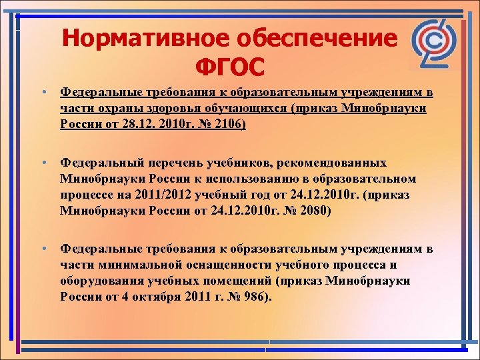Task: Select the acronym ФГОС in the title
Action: [x=229, y=67]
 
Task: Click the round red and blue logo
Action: [x=433, y=43]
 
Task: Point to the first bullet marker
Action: [x=42, y=91]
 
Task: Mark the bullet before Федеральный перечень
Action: [x=42, y=163]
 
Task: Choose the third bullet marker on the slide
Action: [x=42, y=249]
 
